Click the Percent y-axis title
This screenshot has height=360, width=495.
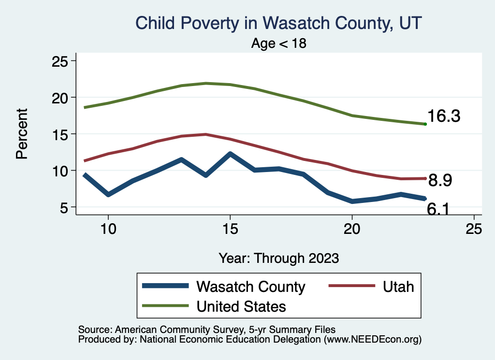(21, 134)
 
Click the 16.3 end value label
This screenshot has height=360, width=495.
(444, 116)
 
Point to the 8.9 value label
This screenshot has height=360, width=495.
(440, 181)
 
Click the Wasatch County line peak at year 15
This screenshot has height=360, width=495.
(230, 154)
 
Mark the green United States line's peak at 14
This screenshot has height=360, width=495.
(206, 83)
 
